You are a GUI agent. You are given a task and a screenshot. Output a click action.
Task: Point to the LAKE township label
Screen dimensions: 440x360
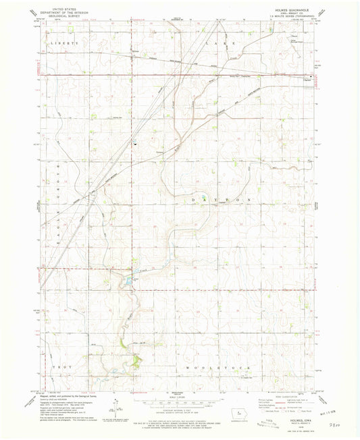227,43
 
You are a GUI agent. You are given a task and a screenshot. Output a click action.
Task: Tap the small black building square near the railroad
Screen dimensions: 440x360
134,144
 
